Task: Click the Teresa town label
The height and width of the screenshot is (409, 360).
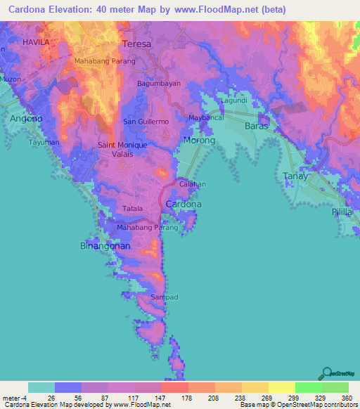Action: coord(137,44)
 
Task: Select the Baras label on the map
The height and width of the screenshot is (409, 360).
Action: coord(257,126)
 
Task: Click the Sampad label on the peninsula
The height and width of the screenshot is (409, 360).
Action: coord(164,298)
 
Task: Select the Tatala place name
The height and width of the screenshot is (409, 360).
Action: coord(133,209)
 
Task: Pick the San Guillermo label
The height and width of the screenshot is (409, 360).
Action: coord(147,122)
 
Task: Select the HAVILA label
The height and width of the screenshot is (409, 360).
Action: coord(36,42)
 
